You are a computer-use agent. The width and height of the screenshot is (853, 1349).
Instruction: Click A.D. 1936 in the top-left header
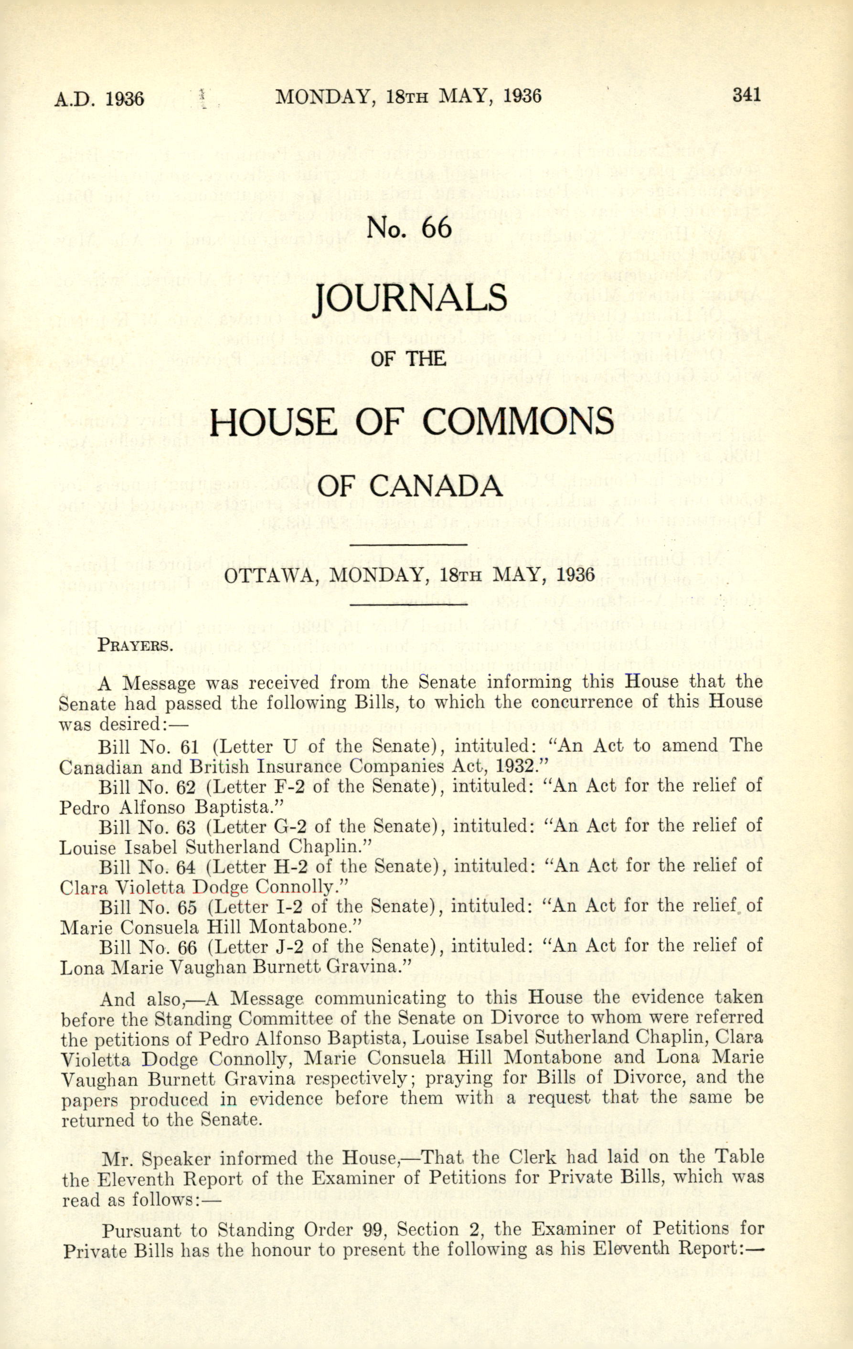coord(99,99)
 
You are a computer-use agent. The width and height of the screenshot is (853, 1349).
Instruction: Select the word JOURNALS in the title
coord(410,299)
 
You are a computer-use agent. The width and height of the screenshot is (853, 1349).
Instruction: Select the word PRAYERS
coord(135,645)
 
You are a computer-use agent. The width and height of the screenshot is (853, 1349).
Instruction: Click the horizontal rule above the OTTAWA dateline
coord(408,544)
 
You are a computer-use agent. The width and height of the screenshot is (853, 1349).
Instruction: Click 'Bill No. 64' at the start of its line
coord(148,866)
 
